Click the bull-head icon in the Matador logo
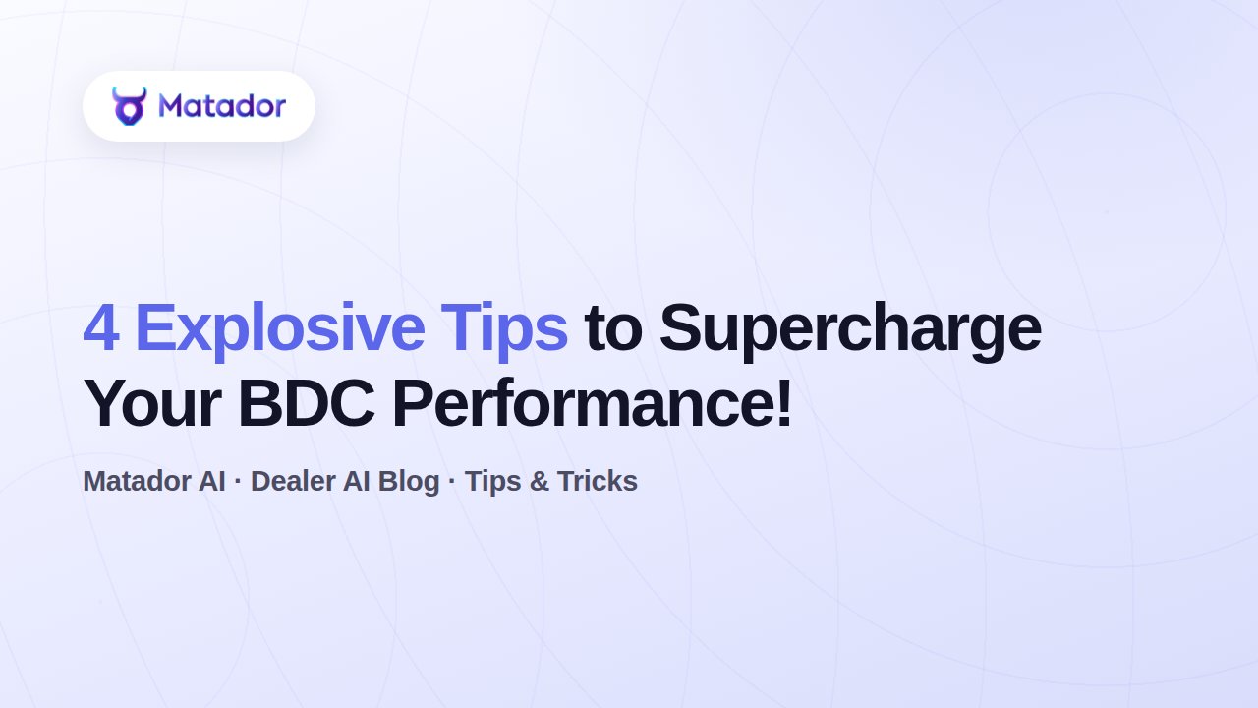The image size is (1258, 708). point(129,105)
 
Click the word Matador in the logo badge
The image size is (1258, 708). point(222,105)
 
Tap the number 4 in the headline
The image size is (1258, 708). point(101,328)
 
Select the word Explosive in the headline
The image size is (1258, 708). point(280,331)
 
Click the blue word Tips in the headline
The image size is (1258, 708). point(504,331)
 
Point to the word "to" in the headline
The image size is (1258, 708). point(613,329)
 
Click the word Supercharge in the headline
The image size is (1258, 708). point(850,331)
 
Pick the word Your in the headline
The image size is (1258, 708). point(152,403)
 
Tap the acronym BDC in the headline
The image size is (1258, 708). point(306,403)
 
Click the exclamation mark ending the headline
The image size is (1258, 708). point(784,403)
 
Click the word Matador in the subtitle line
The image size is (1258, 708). point(137,481)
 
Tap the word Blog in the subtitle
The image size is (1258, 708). point(408,482)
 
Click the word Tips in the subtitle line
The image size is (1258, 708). point(493,482)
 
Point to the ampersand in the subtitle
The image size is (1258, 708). point(540,481)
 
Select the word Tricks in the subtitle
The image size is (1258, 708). point(597,481)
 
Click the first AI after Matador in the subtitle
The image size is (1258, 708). point(211,481)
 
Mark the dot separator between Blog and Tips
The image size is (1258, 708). point(452,481)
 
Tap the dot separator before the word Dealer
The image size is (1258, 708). point(238,481)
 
